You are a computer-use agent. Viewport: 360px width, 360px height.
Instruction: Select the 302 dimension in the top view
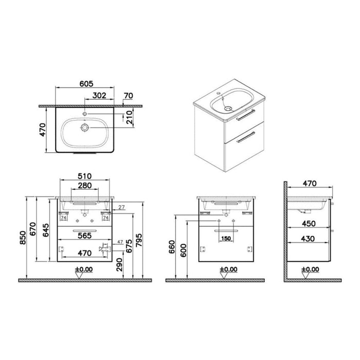pyautogui.click(x=100, y=95)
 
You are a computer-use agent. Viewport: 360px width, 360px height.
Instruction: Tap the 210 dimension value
pyautogui.click(x=135, y=119)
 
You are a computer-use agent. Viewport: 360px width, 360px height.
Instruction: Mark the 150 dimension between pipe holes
pyautogui.click(x=226, y=239)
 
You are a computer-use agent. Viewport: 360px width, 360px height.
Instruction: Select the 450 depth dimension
pyautogui.click(x=309, y=224)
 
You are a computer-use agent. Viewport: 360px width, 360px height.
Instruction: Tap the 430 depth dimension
pyautogui.click(x=309, y=239)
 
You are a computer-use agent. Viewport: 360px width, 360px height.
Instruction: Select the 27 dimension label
pyautogui.click(x=121, y=208)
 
